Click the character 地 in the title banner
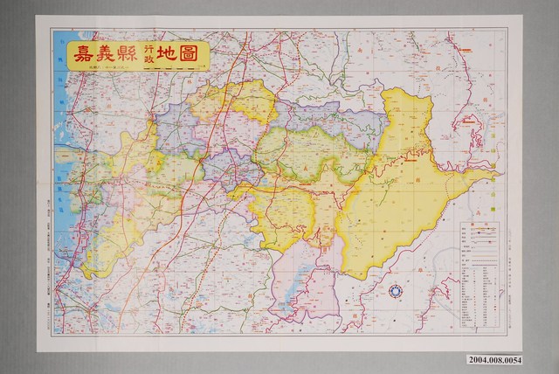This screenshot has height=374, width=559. tap(170, 53)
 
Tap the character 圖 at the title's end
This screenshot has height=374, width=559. tap(195, 53)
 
